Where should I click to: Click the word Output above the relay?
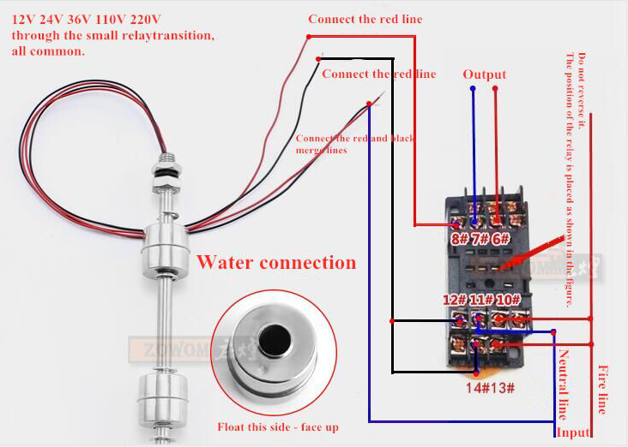[x=485, y=74]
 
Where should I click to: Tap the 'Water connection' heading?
[x=276, y=262]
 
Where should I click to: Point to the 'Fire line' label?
[x=601, y=389]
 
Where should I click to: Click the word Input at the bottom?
[x=573, y=432]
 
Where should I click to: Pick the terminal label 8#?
[x=460, y=237]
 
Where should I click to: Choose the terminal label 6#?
[x=500, y=237]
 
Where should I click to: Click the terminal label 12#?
[x=455, y=300]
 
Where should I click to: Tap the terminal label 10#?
[x=509, y=300]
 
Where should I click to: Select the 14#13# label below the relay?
[x=491, y=388]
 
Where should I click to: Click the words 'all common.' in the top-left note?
[x=48, y=51]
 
